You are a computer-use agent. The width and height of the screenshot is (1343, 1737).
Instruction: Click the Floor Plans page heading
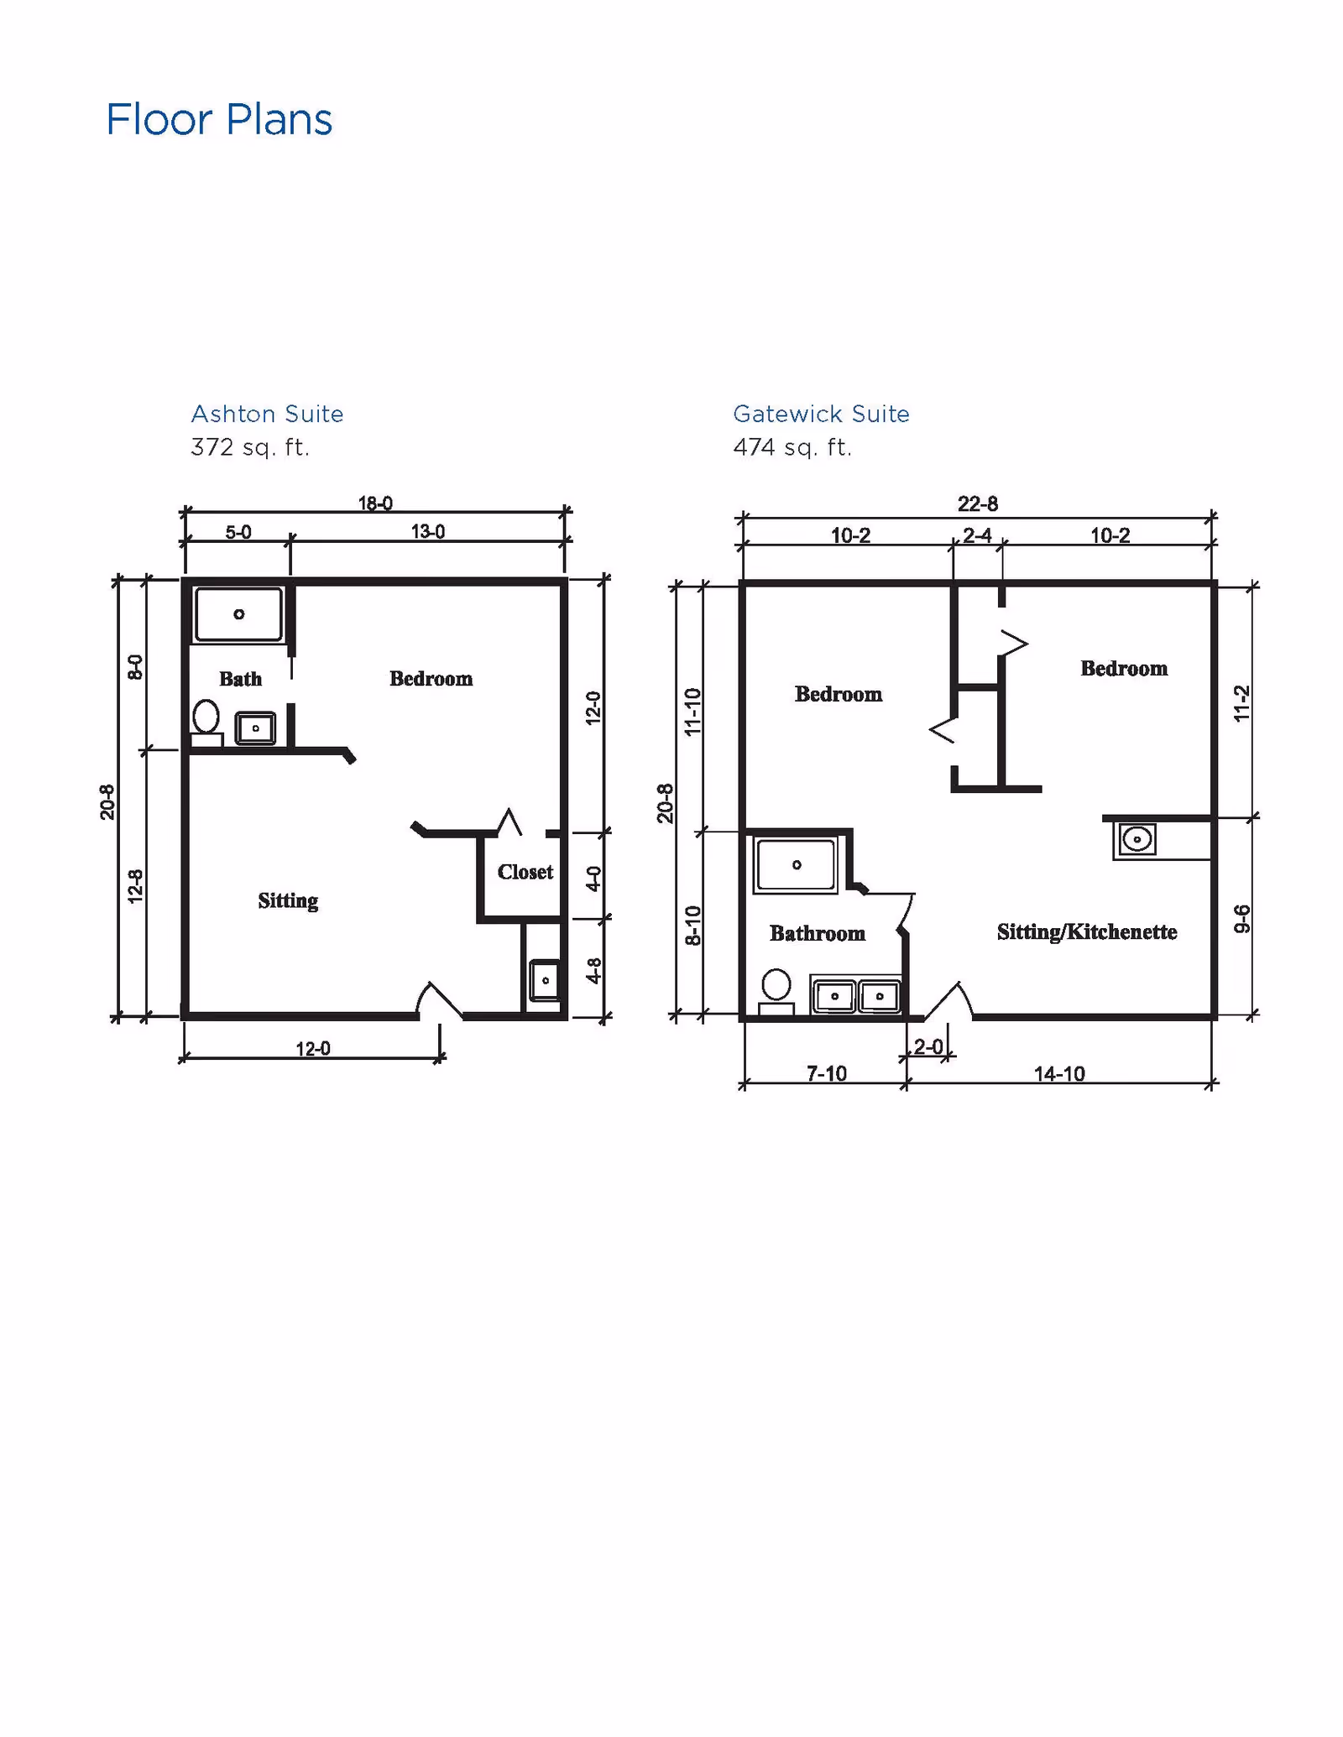click(219, 119)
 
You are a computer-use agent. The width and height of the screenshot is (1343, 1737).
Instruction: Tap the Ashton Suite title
click(267, 414)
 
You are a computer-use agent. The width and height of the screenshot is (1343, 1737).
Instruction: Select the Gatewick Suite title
click(821, 414)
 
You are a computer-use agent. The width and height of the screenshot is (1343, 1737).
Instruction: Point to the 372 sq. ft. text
click(250, 447)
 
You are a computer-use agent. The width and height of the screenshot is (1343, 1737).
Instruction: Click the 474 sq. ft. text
click(792, 447)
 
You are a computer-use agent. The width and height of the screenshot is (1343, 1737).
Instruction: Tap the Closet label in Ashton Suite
click(525, 872)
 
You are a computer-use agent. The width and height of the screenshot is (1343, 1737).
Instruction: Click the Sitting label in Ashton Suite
click(288, 901)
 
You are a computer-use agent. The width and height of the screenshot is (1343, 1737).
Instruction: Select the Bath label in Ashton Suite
click(241, 679)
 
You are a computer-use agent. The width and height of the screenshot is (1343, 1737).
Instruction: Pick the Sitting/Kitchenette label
click(1087, 932)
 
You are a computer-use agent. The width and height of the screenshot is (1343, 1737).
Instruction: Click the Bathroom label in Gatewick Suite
click(818, 933)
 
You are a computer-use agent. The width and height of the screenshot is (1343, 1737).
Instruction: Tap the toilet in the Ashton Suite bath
click(206, 723)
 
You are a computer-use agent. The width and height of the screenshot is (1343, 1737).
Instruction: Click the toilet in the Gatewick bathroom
click(776, 992)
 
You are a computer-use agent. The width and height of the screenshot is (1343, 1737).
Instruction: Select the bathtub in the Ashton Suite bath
click(239, 614)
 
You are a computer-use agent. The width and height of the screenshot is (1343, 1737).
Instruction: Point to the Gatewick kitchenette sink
click(1137, 838)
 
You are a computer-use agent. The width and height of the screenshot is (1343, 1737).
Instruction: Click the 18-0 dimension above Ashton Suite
click(375, 503)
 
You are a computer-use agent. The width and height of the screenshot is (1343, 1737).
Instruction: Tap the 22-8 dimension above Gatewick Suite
click(978, 503)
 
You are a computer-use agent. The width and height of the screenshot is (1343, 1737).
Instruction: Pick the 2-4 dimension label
click(978, 535)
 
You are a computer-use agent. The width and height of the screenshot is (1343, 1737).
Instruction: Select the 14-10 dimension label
click(1059, 1073)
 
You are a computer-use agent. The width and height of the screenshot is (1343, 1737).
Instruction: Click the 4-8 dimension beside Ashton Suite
click(593, 971)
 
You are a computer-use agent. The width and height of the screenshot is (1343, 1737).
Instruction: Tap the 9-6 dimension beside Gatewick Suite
click(1242, 919)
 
